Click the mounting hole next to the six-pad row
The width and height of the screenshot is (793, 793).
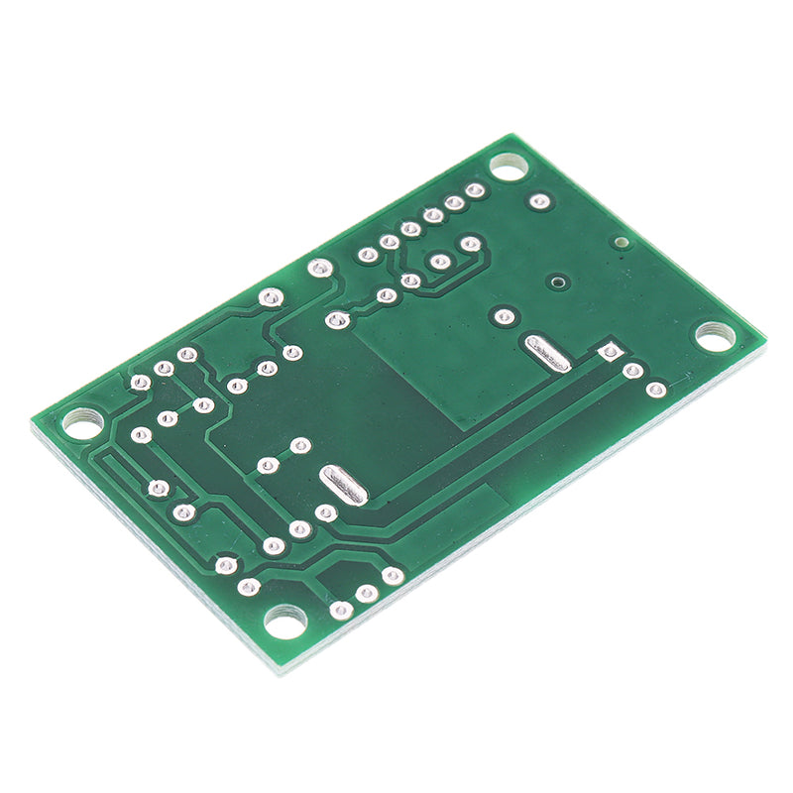tap(509, 166)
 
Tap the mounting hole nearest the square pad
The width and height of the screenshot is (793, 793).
tap(714, 335)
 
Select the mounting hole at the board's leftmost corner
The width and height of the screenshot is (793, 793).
tap(82, 423)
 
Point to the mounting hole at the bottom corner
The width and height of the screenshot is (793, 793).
tap(285, 622)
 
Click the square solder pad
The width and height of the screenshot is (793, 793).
tap(611, 351)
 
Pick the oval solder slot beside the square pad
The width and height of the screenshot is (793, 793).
tap(546, 351)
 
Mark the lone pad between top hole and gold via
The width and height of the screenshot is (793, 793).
tap(540, 201)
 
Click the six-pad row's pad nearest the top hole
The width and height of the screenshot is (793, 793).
tap(476, 190)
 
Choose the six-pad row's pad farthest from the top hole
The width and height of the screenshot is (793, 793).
tap(368, 255)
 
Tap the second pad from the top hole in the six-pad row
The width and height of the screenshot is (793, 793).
tap(455, 203)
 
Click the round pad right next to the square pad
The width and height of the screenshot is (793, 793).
tap(632, 371)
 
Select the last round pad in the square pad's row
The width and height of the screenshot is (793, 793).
tap(655, 390)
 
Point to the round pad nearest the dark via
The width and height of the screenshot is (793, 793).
tap(505, 317)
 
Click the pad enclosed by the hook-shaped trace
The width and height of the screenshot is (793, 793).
tap(441, 262)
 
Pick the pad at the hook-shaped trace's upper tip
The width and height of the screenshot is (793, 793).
tap(472, 243)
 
